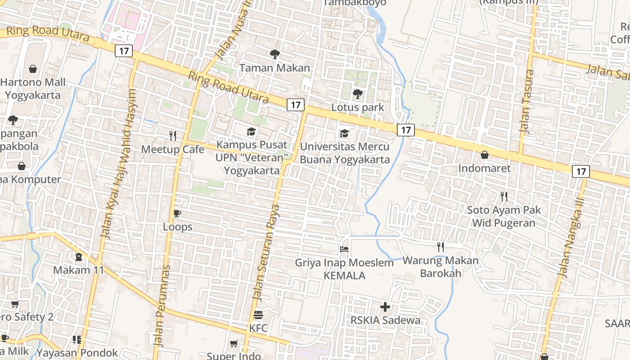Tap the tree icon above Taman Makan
tap(274, 54)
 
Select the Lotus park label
tap(358, 107)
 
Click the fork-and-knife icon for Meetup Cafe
tap(173, 135)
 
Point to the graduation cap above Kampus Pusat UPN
tap(251, 131)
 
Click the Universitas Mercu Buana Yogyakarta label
tap(345, 153)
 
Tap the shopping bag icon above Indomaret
tap(484, 155)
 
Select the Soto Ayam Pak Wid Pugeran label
tap(504, 216)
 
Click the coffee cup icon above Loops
tap(177, 213)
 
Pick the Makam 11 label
tap(79, 270)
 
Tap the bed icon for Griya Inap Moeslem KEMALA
tap(344, 249)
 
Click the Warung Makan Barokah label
tap(441, 266)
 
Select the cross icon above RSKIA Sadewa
tap(385, 307)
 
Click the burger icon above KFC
tap(258, 315)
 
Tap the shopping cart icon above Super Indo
tap(234, 344)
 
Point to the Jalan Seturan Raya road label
tap(266, 252)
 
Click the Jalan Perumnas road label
tap(162, 306)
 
